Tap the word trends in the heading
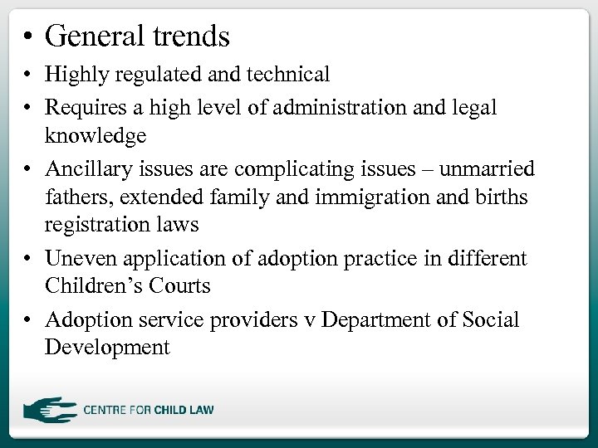[x=191, y=36]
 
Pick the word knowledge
[x=96, y=134]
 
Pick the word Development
[x=107, y=346]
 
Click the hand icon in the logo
[x=49, y=410]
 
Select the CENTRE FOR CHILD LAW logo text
[x=149, y=410]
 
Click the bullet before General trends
[x=28, y=37]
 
